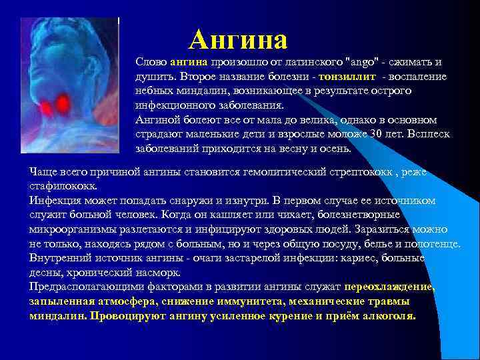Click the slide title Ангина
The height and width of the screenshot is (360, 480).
click(238, 40)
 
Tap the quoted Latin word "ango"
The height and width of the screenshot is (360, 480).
click(357, 62)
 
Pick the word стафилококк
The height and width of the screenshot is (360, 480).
click(63, 186)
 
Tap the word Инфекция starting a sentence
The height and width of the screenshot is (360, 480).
click(56, 201)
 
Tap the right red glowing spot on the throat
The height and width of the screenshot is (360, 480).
click(64, 103)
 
